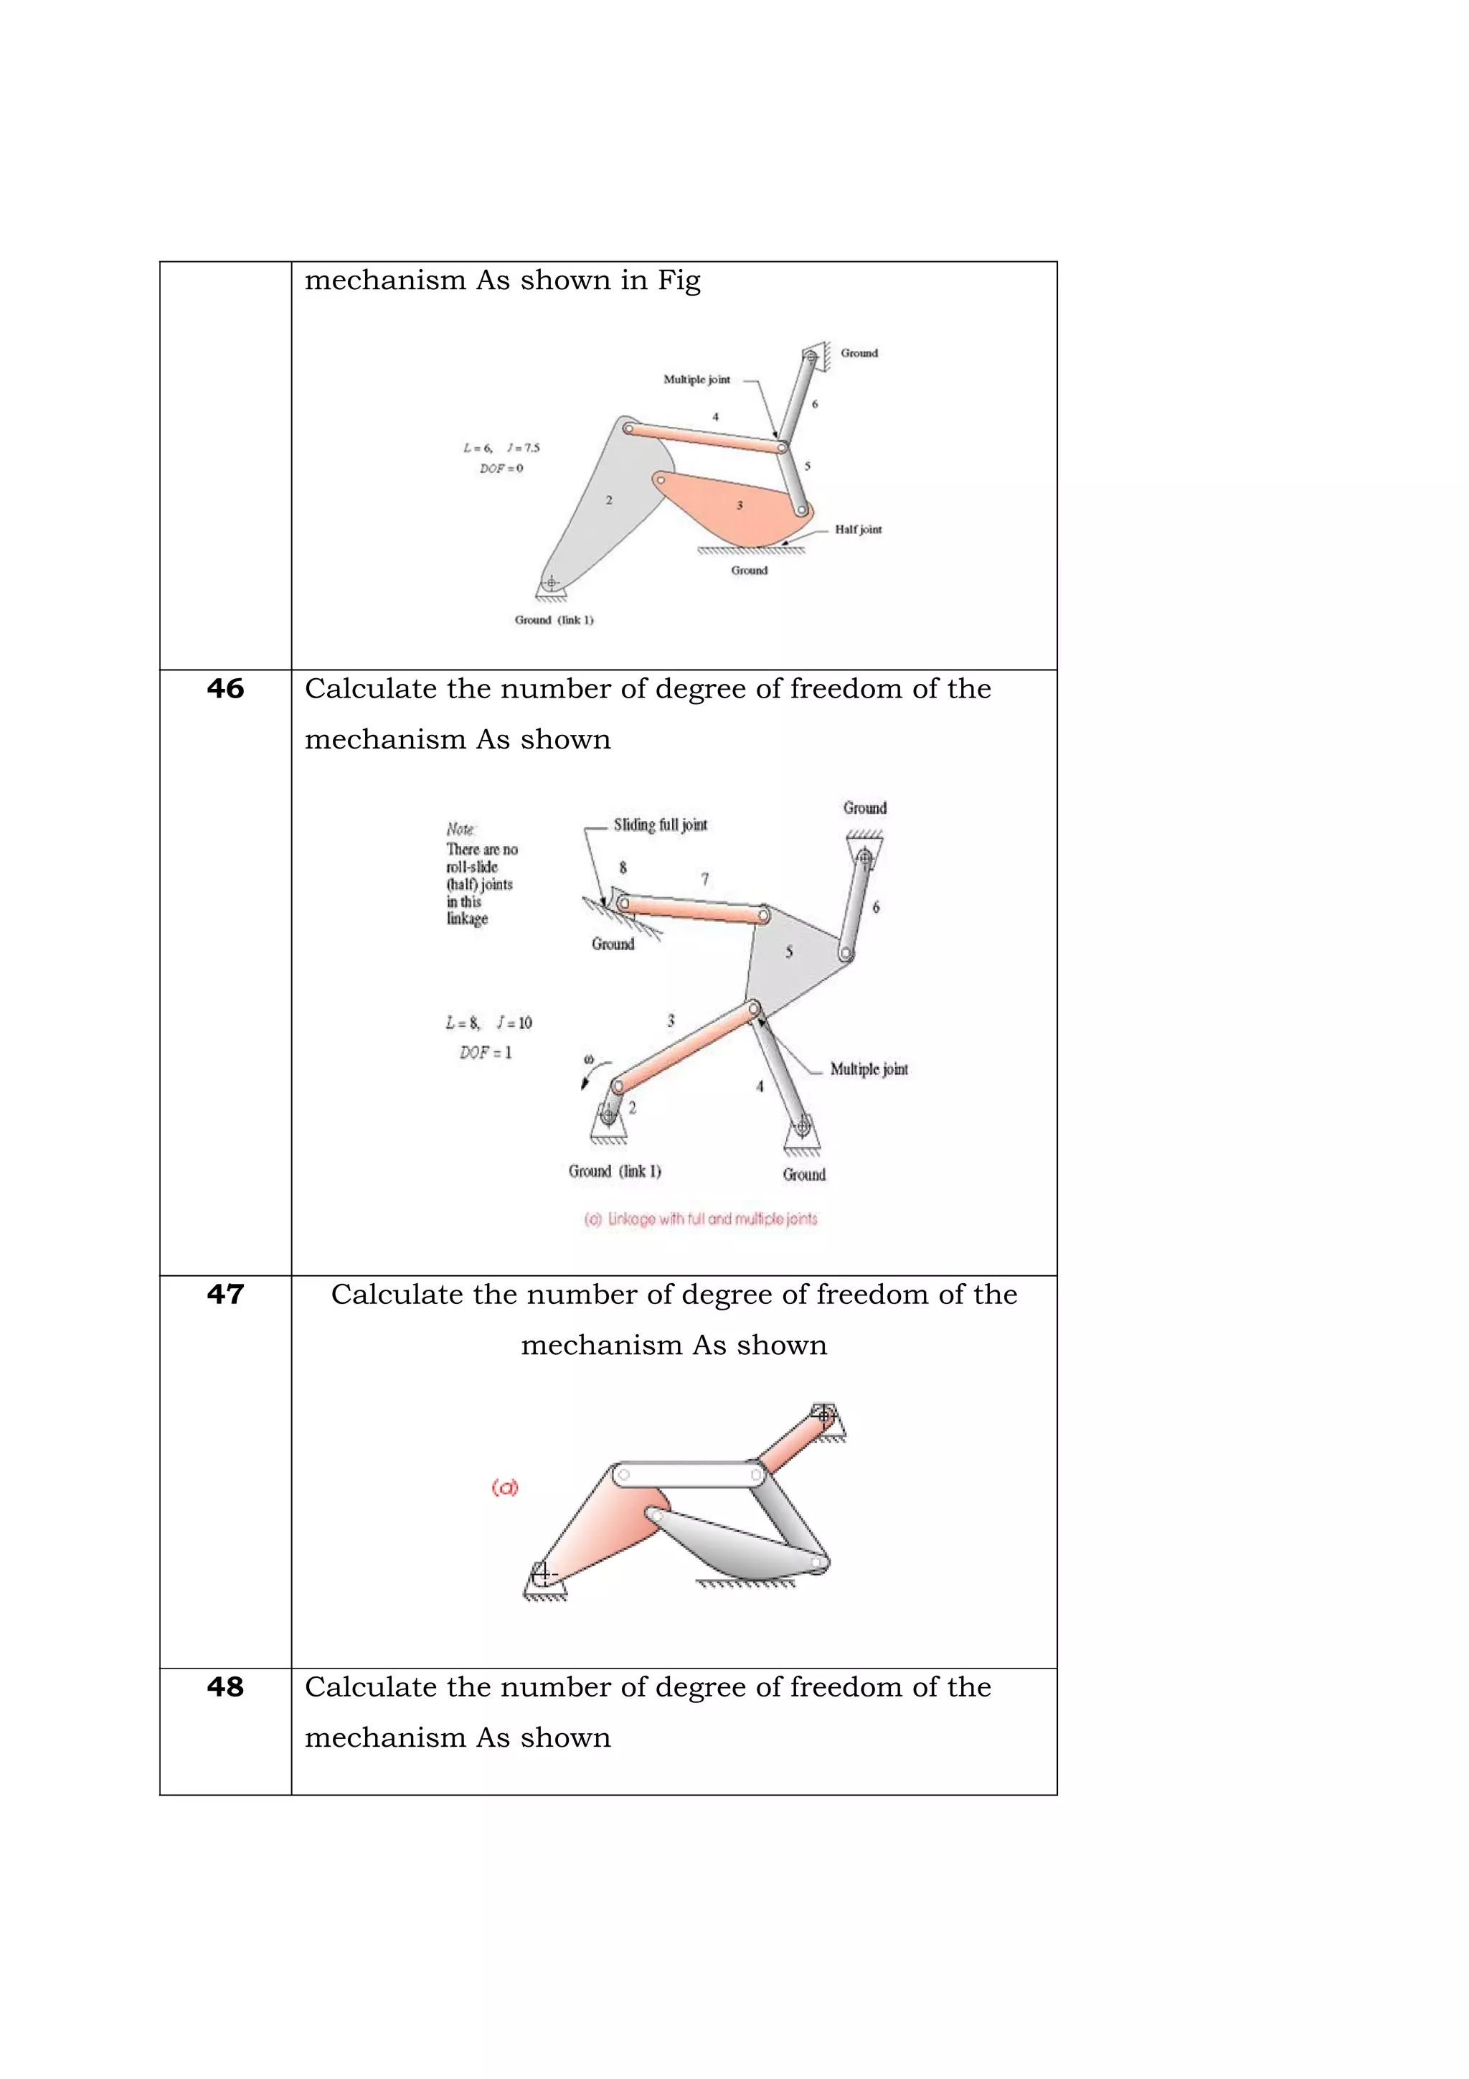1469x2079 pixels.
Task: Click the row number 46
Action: pos(225,689)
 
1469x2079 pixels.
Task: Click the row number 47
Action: pos(225,1294)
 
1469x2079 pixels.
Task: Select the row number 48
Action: pos(225,1687)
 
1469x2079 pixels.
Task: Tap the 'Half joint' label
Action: pos(857,530)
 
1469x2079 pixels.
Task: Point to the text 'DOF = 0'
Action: pos(501,468)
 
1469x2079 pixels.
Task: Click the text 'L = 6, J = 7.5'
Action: pos(501,447)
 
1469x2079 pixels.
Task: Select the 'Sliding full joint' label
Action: pos(660,825)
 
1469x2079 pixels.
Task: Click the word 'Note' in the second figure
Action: pos(460,830)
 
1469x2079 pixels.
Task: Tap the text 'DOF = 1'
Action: pos(485,1052)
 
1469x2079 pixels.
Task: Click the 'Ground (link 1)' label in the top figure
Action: pos(554,620)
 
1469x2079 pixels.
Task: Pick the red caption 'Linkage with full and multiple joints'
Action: pos(701,1219)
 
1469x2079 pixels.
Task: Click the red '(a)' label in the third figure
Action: pos(504,1487)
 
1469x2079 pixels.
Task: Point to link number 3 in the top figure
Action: pos(740,505)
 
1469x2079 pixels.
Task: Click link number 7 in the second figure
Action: pos(704,878)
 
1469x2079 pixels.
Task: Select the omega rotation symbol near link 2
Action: pos(589,1059)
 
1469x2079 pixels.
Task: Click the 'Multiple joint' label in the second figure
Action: pos(868,1069)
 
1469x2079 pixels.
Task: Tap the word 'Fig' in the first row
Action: pos(679,281)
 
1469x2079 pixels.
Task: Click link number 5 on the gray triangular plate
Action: pos(788,952)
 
